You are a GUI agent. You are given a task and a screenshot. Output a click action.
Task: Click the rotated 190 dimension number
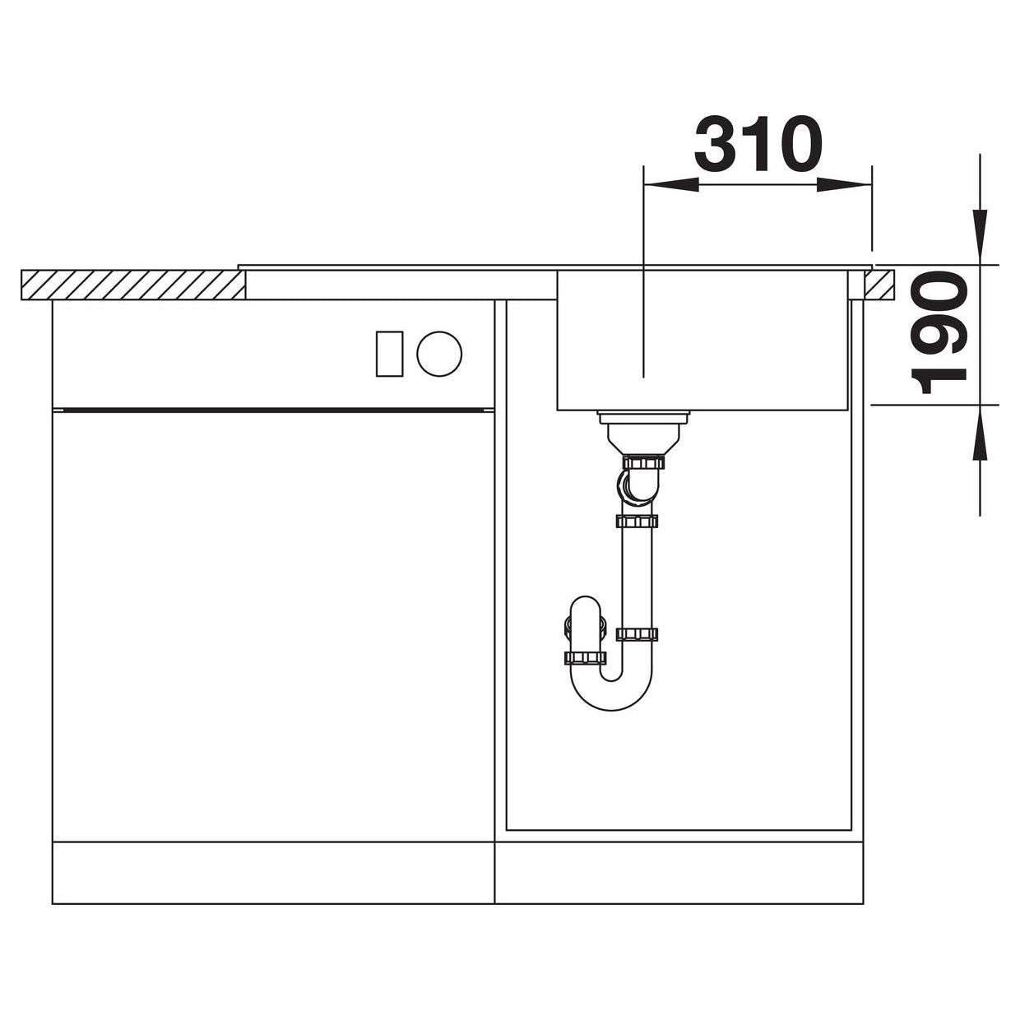[938, 332]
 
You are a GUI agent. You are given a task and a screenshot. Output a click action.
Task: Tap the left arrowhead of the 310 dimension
[670, 185]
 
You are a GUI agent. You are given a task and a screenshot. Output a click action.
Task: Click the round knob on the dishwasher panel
[438, 354]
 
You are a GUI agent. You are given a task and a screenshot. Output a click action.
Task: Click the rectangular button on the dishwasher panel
[390, 354]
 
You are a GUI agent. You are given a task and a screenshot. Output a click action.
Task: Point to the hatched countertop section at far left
[133, 285]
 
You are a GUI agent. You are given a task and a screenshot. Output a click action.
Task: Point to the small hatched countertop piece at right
[879, 285]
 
